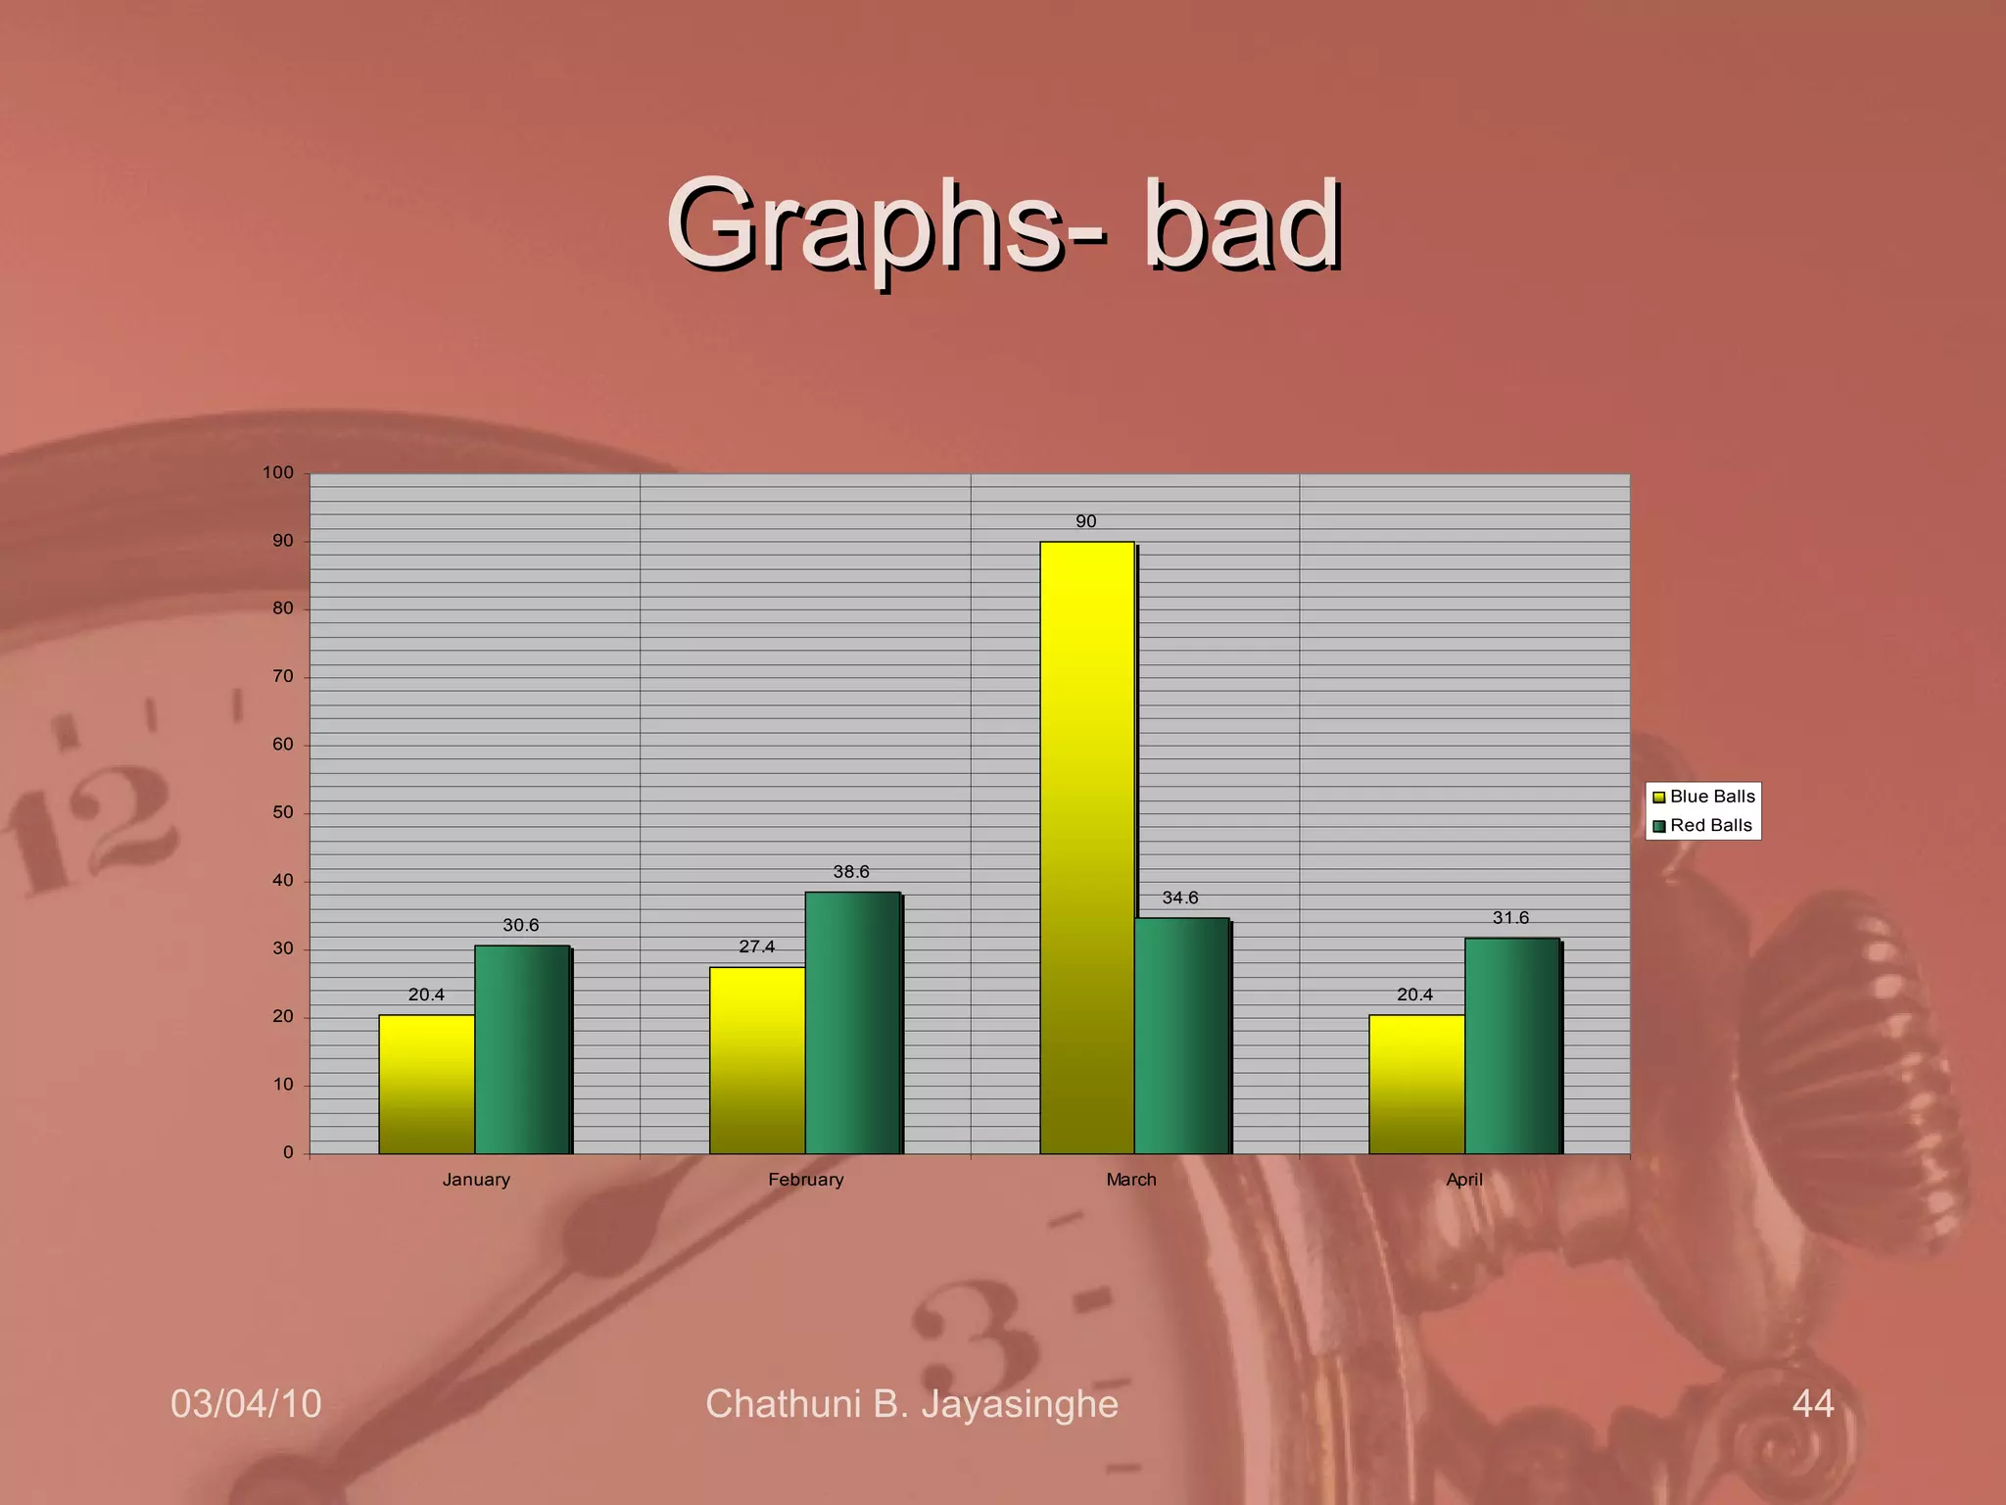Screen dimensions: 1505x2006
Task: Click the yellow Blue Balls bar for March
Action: [1086, 848]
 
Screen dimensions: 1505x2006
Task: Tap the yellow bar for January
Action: [426, 1084]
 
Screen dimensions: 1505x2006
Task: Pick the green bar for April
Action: [1512, 1045]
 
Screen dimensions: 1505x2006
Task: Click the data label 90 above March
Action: [1086, 521]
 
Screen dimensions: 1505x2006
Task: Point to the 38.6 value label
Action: [851, 872]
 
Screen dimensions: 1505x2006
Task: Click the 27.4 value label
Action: [756, 947]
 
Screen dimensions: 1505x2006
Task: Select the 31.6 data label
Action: [1510, 918]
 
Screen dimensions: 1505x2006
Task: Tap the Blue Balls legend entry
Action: [1704, 797]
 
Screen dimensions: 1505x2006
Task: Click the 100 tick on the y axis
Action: [278, 472]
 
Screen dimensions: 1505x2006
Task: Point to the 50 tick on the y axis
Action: [283, 812]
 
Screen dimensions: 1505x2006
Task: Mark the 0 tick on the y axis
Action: [288, 1152]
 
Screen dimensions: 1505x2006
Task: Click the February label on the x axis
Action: [806, 1180]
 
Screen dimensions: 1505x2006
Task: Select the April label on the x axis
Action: [1464, 1180]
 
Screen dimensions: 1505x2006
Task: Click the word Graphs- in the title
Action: [887, 227]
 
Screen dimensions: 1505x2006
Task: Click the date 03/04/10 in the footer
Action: [246, 1403]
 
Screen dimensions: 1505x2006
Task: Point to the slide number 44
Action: [1813, 1403]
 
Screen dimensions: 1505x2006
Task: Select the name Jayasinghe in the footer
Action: [1020, 1404]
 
